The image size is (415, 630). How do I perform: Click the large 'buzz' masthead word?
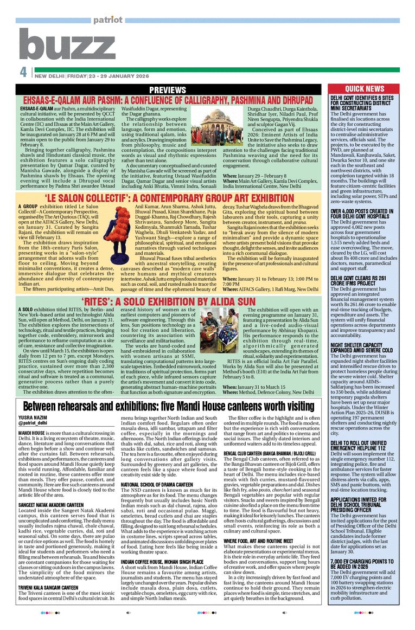67,45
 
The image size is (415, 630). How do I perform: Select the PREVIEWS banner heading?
168,89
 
